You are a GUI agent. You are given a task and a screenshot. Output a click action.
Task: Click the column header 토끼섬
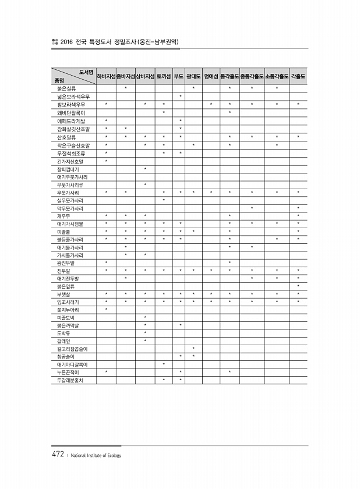(x=164, y=76)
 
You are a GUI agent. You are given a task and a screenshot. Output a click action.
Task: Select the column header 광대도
(x=193, y=76)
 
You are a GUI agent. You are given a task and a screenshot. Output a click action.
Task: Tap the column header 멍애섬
(x=211, y=76)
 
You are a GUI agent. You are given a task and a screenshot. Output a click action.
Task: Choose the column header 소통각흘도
(x=277, y=76)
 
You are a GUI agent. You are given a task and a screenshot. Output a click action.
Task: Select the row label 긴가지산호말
(x=68, y=160)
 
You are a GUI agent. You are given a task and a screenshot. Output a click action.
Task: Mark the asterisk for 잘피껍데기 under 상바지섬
(x=145, y=168)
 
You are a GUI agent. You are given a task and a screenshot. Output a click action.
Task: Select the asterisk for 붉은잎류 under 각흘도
(x=298, y=286)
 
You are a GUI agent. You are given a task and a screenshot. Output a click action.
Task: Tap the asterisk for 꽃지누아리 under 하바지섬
(x=106, y=309)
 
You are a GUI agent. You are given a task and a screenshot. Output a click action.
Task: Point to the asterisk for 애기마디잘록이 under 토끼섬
(x=164, y=364)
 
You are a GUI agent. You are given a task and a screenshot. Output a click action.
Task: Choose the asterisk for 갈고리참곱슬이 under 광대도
(x=193, y=348)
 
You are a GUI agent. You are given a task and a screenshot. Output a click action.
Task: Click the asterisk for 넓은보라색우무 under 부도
(x=181, y=96)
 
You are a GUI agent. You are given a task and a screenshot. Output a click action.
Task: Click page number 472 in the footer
(x=57, y=455)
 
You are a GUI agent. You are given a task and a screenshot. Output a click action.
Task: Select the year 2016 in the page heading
(x=65, y=42)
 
